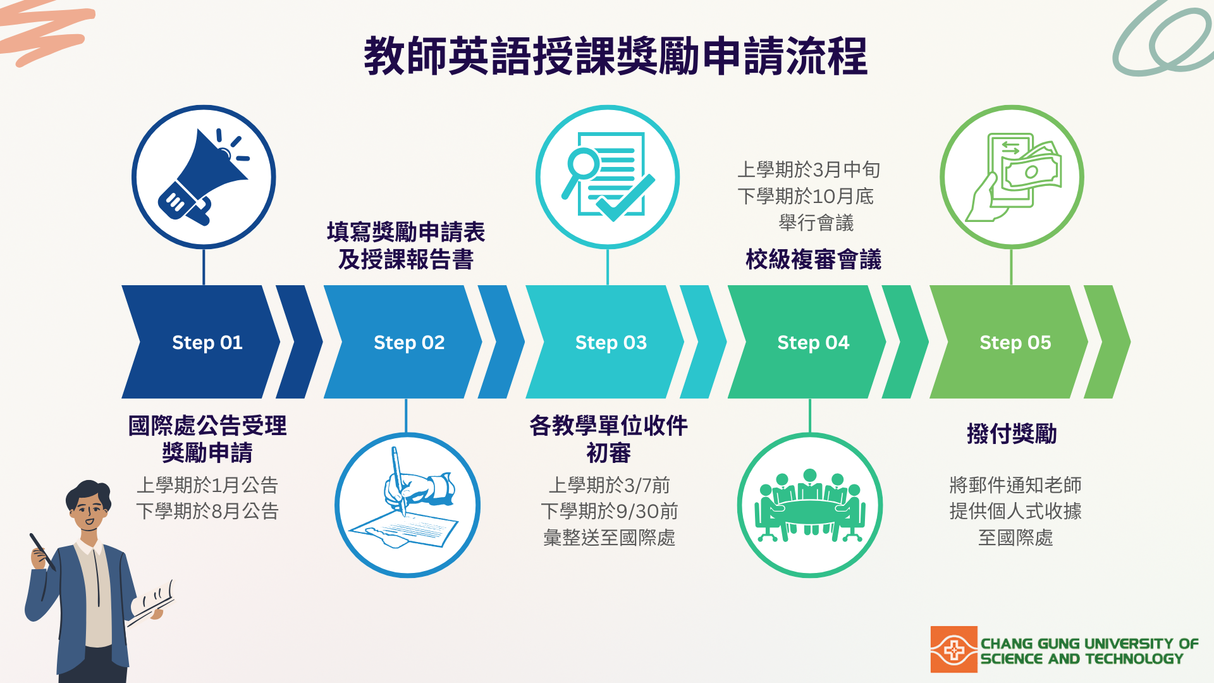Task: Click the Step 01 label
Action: pos(207,342)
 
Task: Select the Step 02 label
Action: pos(409,342)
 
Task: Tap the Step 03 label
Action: pos(611,342)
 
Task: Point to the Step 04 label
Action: pos(813,342)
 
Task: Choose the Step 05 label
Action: pos(1015,342)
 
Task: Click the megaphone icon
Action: pos(203,177)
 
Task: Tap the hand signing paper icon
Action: pos(408,505)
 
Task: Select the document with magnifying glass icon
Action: pos(608,176)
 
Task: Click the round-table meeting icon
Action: pos(810,505)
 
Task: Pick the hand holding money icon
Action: pos(1012,176)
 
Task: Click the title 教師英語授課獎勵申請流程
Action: pos(615,56)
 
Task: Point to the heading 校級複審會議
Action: pos(813,259)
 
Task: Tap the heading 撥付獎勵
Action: pos(1012,434)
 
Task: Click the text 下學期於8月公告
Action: pos(207,511)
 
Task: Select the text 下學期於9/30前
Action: pos(610,511)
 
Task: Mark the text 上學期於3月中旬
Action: pos(809,169)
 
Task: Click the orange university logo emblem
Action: pos(953,649)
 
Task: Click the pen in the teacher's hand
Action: pos(42,551)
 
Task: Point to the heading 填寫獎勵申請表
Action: pos(406,232)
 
